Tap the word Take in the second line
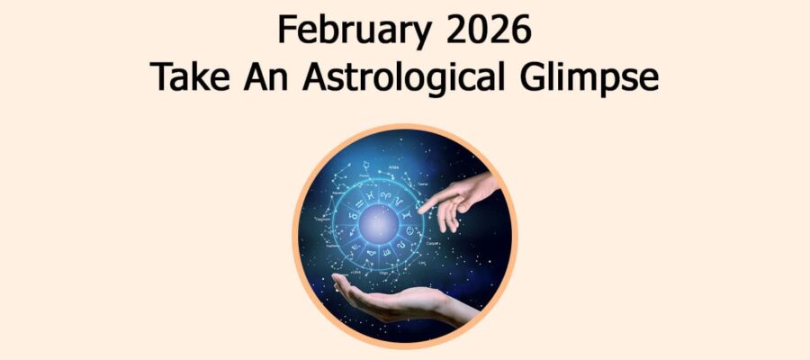click(185, 78)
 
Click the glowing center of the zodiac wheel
click(376, 220)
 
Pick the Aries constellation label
click(393, 167)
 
